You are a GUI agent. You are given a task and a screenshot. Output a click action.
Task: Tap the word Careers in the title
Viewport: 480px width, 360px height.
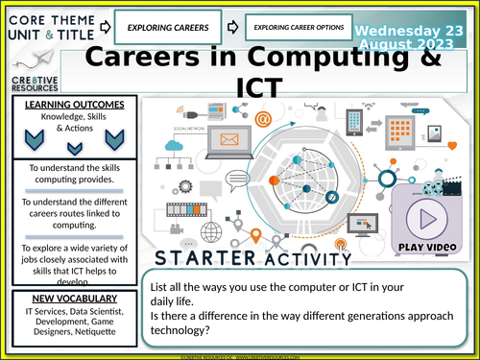tap(144, 60)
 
